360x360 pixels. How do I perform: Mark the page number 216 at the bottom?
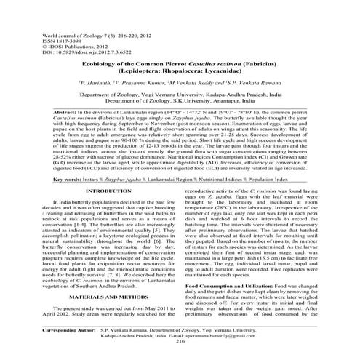pyautogui.click(x=180, y=349)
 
